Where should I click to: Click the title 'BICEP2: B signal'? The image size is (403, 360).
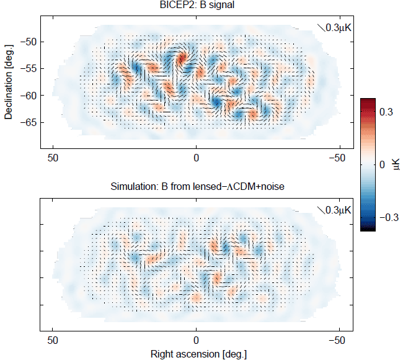[x=196, y=6]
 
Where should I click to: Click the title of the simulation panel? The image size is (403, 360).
[x=196, y=186]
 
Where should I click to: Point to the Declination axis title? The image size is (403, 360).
[x=8, y=82]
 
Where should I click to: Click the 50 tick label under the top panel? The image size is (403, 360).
[x=53, y=158]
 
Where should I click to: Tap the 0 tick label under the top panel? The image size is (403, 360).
[x=196, y=158]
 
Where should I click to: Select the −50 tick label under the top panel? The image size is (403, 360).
[x=337, y=158]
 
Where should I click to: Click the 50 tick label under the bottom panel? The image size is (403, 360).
[x=53, y=340]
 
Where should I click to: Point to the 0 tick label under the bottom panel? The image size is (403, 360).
[x=196, y=340]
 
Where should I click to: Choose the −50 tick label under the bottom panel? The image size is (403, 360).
[x=337, y=340]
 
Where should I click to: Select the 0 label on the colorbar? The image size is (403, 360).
[x=382, y=164]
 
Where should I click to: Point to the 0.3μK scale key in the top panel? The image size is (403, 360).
[x=335, y=27]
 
